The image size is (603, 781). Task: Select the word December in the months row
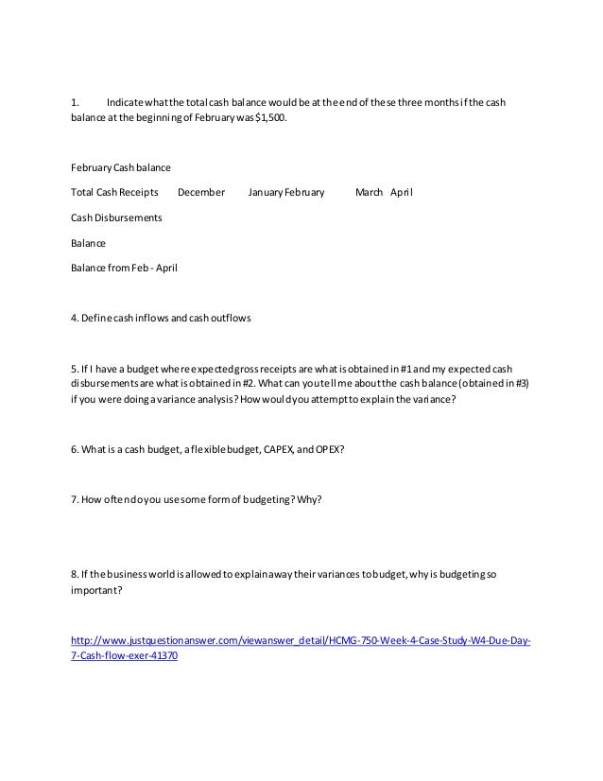201,193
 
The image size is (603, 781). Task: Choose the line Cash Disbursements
116,217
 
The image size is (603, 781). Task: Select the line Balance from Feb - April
124,268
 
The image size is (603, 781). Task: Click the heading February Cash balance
121,168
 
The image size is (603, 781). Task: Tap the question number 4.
75,318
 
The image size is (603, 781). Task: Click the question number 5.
75,367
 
